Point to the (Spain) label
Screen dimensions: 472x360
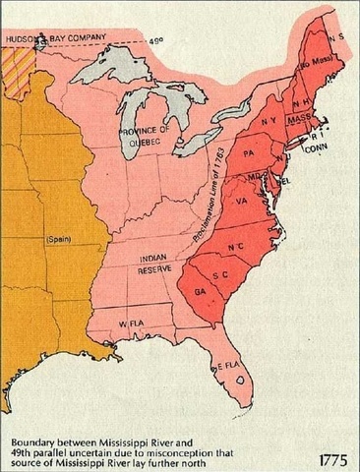pos(59,239)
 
